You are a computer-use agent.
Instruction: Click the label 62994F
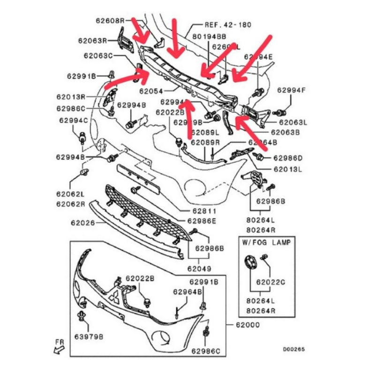[291, 90]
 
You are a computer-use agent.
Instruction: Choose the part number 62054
[154, 92]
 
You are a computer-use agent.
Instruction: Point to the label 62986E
[202, 221]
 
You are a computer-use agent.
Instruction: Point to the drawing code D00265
[293, 349]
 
